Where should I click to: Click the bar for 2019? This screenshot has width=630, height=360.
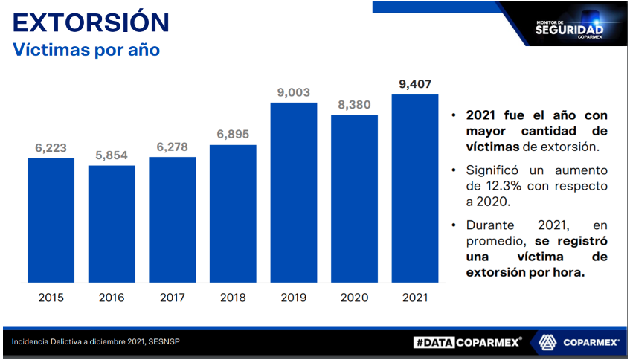pos(294,193)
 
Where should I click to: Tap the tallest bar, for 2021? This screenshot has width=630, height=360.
pos(415,189)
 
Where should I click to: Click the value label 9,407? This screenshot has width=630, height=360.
pos(415,83)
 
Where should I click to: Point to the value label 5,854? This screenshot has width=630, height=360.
pos(112,155)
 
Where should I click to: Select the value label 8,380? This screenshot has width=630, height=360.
pos(354,104)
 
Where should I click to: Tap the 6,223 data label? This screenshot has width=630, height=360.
pos(51,148)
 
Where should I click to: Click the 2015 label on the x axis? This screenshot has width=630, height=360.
pos(51,298)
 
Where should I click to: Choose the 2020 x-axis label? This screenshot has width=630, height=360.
pos(354,298)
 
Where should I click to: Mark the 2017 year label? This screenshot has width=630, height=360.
pos(172,298)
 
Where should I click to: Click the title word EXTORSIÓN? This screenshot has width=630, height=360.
pos(91,22)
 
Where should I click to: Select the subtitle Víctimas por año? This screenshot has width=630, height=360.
pos(86,51)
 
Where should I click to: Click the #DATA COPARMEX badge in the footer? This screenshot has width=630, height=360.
pos(467,342)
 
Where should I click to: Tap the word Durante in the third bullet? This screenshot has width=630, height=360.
pos(493,224)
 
